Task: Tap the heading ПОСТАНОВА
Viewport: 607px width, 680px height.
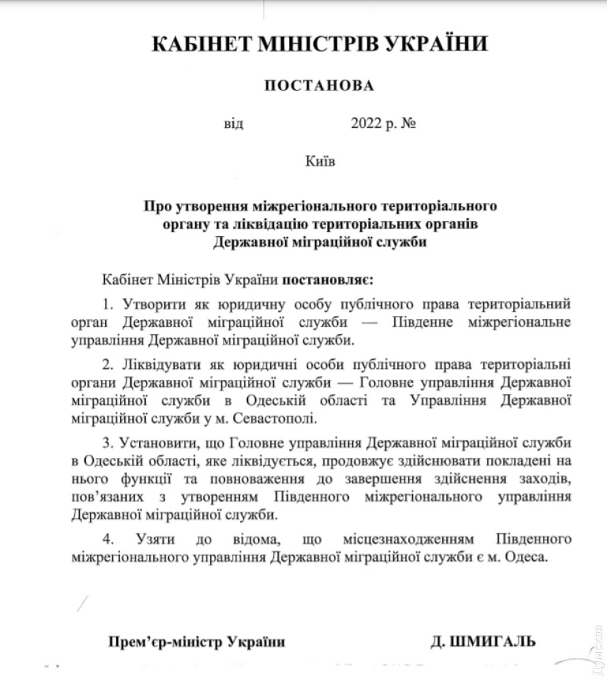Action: click(x=319, y=86)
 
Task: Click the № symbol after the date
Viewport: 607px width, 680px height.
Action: click(x=409, y=125)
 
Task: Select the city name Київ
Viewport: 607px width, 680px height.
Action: click(x=321, y=162)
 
